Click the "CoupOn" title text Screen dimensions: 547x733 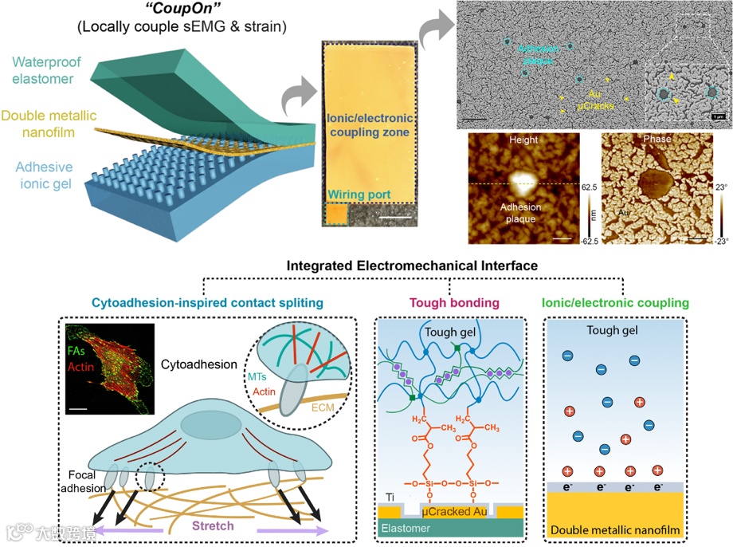pos(177,11)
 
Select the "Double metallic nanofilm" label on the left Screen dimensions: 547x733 pos(49,124)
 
